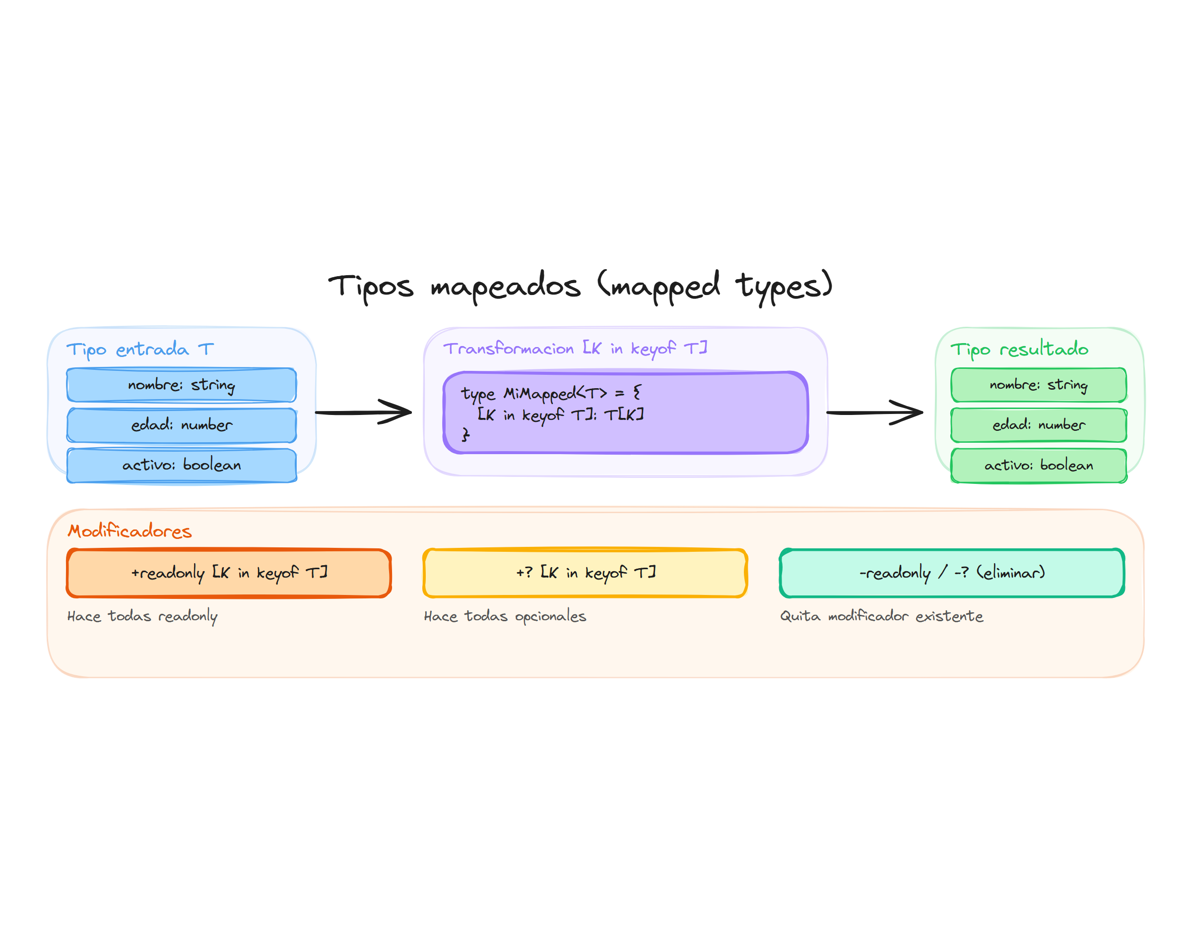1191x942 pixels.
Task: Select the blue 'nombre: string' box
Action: point(182,384)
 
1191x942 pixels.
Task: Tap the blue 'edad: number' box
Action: point(182,425)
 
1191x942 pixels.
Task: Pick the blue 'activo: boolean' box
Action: point(182,465)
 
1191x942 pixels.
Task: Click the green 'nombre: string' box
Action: point(1038,384)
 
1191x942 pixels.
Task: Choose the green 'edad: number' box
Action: point(1038,425)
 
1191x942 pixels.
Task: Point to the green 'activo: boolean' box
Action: point(1038,465)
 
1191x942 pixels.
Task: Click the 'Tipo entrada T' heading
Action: point(139,349)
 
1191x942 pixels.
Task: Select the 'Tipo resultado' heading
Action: point(1019,349)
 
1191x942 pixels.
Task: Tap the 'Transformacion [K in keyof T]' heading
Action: point(575,348)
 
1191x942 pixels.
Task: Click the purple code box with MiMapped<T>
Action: point(625,413)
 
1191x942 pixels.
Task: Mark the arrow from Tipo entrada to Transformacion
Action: point(363,412)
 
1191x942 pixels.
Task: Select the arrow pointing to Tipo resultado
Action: point(874,412)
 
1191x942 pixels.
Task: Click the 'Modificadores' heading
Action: point(129,530)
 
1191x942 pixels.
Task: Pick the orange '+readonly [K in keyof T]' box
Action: point(229,573)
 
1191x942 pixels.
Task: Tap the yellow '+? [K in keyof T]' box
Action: point(585,573)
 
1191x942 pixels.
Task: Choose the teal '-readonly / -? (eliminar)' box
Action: point(952,573)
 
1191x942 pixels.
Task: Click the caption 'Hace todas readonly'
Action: point(142,616)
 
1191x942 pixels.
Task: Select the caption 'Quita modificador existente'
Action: point(881,616)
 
